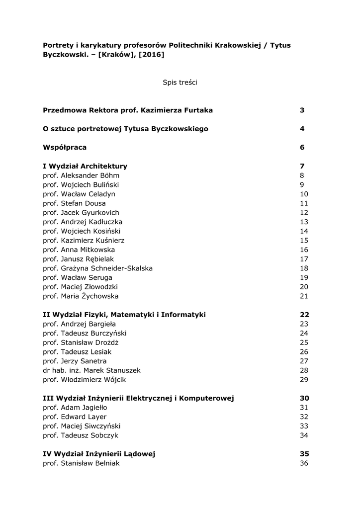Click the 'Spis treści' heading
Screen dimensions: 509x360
(x=180, y=83)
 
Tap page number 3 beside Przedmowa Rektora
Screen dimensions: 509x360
(x=302, y=110)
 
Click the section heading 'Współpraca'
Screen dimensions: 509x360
(x=65, y=148)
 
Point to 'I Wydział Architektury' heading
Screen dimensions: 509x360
(x=85, y=166)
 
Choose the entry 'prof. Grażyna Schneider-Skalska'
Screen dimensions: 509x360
(x=98, y=268)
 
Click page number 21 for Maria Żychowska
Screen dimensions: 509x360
(x=304, y=296)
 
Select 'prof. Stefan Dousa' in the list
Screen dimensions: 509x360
(x=75, y=203)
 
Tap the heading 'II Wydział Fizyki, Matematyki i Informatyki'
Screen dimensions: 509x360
(x=124, y=315)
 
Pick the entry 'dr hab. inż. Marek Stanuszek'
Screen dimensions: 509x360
(x=92, y=370)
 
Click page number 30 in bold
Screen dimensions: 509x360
(x=304, y=398)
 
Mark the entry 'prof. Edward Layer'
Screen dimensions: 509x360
(x=75, y=417)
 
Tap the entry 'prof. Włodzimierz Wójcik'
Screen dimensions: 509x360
(x=85, y=380)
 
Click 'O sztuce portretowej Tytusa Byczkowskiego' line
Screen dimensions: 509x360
(x=126, y=129)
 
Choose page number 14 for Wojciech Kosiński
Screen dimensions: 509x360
(x=304, y=231)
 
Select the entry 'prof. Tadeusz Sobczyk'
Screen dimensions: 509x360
(x=78, y=435)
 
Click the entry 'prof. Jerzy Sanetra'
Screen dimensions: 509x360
(x=75, y=361)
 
